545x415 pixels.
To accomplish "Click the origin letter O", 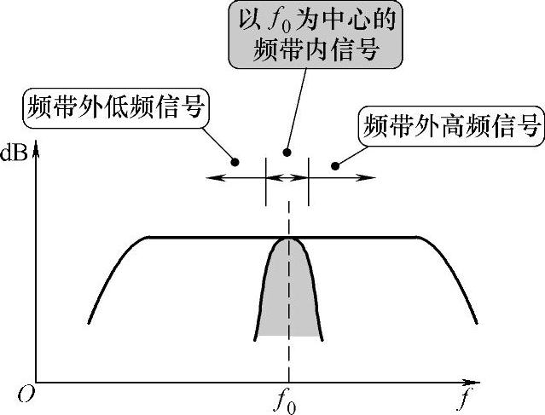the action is (x=27, y=393).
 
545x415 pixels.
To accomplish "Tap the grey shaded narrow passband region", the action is (x=288, y=298).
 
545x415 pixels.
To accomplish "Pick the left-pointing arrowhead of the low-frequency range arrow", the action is (x=213, y=177).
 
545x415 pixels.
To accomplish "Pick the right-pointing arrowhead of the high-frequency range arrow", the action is (x=370, y=177).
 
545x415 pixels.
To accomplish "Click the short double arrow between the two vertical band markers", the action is (x=287, y=177).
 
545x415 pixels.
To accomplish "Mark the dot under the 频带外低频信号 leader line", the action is (x=236, y=161).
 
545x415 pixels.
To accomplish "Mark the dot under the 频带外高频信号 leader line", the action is (x=335, y=164).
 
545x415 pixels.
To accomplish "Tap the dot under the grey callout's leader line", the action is (x=288, y=152).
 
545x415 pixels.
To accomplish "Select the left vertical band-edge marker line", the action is (x=267, y=181).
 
